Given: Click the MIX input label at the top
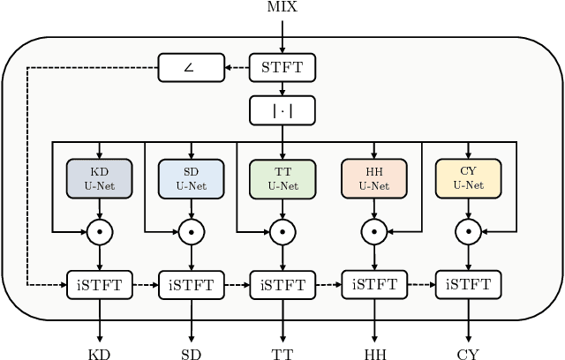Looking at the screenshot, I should point(282,7).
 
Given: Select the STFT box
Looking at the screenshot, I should point(282,67).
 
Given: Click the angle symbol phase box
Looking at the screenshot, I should point(188,67).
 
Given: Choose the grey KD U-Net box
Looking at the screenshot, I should point(99,179).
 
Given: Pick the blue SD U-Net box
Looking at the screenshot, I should point(191,179).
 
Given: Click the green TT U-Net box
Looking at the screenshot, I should point(282,179).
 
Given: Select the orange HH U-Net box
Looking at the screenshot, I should point(374,179).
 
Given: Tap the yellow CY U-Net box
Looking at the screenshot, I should point(467,179).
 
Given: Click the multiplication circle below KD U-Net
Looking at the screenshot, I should point(99,232).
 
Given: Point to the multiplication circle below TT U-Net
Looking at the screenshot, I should point(282,232).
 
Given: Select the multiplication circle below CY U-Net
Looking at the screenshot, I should point(467,232).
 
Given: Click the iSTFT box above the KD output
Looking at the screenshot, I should point(99,284).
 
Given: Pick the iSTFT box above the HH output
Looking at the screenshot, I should point(374,284).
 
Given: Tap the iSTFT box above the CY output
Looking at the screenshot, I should point(467,284).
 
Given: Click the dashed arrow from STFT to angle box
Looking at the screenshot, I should point(235,67).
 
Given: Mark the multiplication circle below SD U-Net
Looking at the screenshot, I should point(191,232).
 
